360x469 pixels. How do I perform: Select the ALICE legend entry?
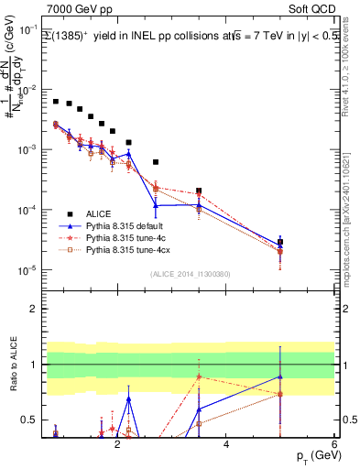[101, 213]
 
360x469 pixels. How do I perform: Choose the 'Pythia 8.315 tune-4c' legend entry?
[129, 236]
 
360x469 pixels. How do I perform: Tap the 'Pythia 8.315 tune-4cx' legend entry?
[132, 248]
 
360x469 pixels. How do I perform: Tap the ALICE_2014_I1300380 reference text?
[190, 273]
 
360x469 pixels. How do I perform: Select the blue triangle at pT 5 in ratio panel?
[280, 376]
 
